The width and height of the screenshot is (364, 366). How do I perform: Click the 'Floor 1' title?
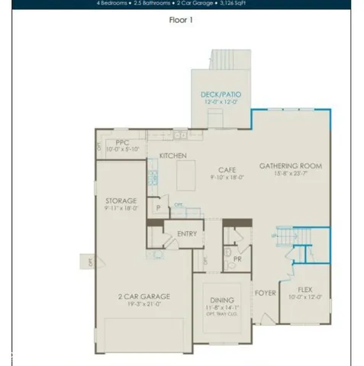click(x=181, y=21)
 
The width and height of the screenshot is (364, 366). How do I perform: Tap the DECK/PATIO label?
click(x=221, y=95)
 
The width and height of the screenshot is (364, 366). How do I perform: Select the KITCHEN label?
click(x=172, y=156)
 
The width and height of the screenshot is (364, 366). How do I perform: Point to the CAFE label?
click(x=227, y=169)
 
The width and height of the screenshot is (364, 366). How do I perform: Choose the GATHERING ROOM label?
click(x=290, y=165)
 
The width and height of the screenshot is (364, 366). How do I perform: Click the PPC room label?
click(x=121, y=143)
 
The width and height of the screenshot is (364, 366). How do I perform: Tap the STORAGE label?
click(x=122, y=201)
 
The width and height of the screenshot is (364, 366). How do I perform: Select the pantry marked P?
click(x=158, y=207)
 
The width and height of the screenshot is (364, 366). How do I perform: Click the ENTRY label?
click(x=186, y=234)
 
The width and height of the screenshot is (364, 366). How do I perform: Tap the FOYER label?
click(x=265, y=293)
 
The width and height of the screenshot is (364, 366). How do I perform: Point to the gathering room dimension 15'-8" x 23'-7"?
click(x=290, y=174)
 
